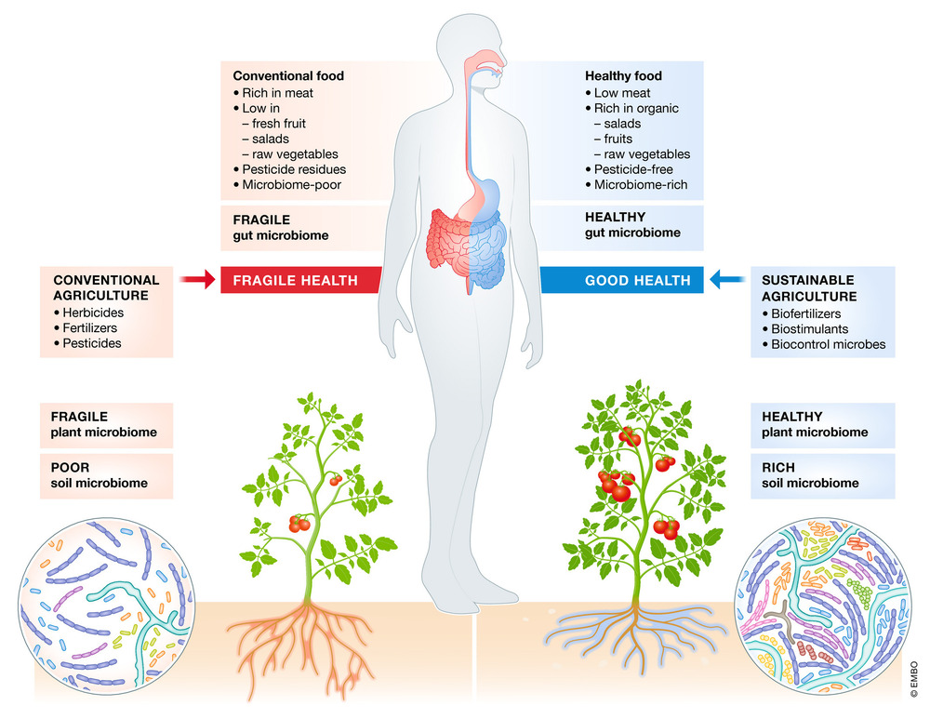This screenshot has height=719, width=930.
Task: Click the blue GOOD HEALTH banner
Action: point(637,280)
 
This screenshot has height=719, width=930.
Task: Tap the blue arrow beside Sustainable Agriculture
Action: point(731,279)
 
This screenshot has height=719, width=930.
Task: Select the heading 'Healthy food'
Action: point(623,76)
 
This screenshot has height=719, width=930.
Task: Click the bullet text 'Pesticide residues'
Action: point(294,169)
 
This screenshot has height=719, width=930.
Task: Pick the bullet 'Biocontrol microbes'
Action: point(828,344)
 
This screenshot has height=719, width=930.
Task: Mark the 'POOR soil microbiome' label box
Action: point(106,475)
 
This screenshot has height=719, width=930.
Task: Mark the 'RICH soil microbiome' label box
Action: point(823,475)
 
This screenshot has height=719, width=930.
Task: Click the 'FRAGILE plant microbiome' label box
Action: point(106,424)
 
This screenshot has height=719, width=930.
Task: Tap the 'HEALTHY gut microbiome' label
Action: point(632,226)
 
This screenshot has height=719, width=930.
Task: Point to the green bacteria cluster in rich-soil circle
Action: point(865,592)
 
